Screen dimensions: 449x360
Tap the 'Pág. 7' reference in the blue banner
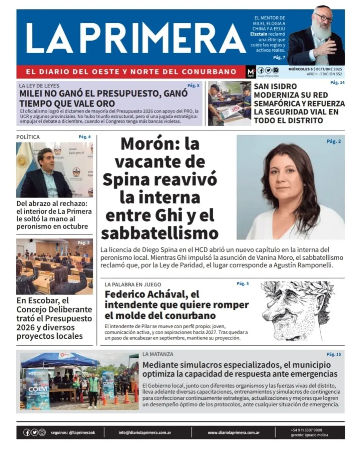click(279, 58)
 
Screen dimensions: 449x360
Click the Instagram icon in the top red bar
click(276, 70)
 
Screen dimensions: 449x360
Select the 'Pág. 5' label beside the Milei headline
click(193, 86)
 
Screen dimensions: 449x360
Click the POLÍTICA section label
click(28, 137)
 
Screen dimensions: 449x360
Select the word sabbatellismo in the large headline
click(159, 233)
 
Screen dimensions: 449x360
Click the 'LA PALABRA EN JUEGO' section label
click(133, 285)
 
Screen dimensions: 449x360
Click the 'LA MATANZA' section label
click(158, 354)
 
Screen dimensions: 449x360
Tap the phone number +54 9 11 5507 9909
click(306, 430)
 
